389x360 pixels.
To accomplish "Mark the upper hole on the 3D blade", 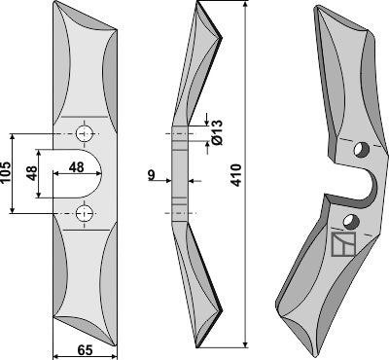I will pyautogui.click(x=361, y=150).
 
